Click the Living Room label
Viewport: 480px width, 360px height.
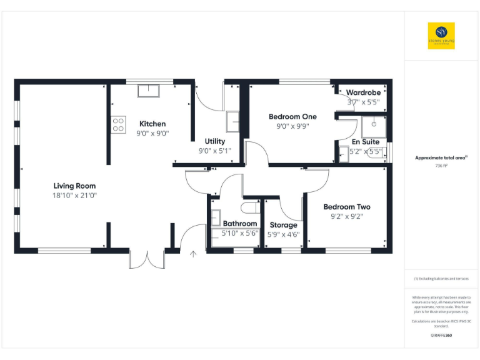(74, 186)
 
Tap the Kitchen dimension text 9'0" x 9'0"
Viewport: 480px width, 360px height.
(152, 133)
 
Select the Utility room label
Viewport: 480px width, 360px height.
(215, 141)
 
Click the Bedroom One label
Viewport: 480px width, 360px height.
(292, 116)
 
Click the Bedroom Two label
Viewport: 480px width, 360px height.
(346, 207)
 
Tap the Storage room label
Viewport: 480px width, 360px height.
(284, 225)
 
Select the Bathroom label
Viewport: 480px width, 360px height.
(240, 223)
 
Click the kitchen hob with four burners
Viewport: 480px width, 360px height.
(118, 124)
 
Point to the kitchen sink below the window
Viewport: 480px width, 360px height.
(148, 91)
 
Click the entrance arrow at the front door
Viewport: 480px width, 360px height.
(194, 254)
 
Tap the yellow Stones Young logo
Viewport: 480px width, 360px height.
(441, 36)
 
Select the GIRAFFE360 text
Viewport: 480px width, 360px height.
(441, 336)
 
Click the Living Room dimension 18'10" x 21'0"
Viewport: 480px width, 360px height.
(74, 196)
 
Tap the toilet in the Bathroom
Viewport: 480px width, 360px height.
(250, 207)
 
